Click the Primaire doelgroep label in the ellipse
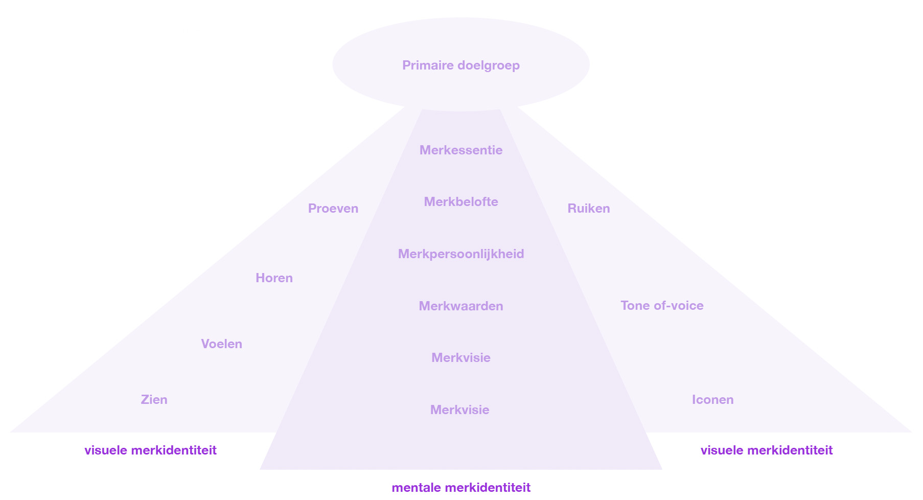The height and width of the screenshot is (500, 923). (x=460, y=65)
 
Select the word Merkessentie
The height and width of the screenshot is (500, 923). (x=460, y=150)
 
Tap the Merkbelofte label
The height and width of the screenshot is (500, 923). (x=460, y=202)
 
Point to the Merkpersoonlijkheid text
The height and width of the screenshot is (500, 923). (x=460, y=254)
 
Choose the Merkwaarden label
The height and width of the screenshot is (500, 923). (x=460, y=306)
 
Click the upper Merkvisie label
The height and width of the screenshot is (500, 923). (x=460, y=358)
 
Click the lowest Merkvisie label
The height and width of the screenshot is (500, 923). (x=459, y=410)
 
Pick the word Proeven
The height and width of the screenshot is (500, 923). (x=333, y=209)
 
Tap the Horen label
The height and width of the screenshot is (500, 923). (x=274, y=278)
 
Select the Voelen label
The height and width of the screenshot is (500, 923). (x=221, y=344)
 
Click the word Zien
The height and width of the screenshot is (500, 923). (x=154, y=400)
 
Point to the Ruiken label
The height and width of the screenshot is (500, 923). (x=588, y=209)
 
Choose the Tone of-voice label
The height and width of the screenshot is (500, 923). (x=662, y=306)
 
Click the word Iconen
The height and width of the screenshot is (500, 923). (x=712, y=400)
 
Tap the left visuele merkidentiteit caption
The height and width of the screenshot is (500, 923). (x=150, y=450)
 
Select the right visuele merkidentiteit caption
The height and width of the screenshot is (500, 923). (x=766, y=450)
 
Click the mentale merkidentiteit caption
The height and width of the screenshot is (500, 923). (x=460, y=488)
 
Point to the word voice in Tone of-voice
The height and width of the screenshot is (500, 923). (x=687, y=306)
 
